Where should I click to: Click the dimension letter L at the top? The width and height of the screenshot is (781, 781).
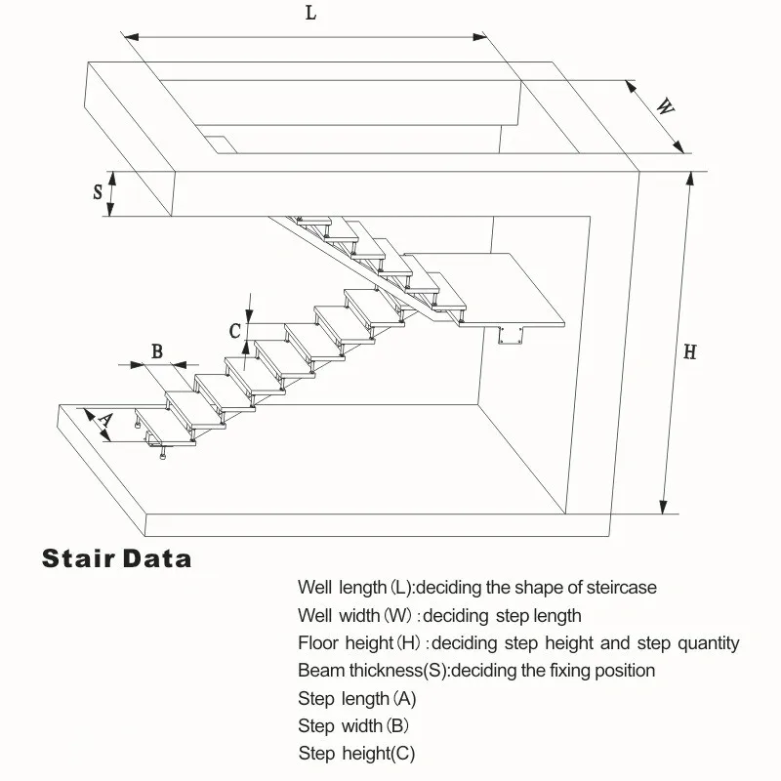coord(309,15)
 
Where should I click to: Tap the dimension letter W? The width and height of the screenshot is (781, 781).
coord(663,107)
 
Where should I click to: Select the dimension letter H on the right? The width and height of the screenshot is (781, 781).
coord(689,352)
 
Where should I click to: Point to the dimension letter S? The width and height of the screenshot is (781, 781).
coord(98,191)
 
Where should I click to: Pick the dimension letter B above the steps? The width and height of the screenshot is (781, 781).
coord(156,352)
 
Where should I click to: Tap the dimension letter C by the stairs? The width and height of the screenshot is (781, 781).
coord(234,331)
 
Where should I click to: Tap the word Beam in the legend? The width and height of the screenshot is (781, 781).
coord(317,671)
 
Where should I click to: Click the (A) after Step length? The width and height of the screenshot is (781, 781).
coord(404,699)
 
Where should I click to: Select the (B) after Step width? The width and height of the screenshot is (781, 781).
coord(397,726)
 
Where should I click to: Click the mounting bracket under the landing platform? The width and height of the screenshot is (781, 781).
coord(510,337)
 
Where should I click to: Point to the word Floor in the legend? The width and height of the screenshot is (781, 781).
coord(318,643)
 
